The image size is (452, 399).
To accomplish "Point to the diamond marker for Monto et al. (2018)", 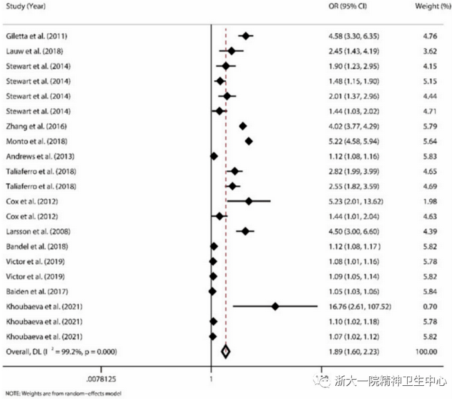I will (x=249, y=141).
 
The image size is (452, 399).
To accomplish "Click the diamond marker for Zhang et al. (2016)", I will (x=243, y=126).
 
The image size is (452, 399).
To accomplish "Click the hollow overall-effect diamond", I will (x=225, y=352).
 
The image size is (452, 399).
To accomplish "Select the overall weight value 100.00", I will (x=427, y=352).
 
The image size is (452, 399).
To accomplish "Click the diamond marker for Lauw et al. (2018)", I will (x=232, y=50).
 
